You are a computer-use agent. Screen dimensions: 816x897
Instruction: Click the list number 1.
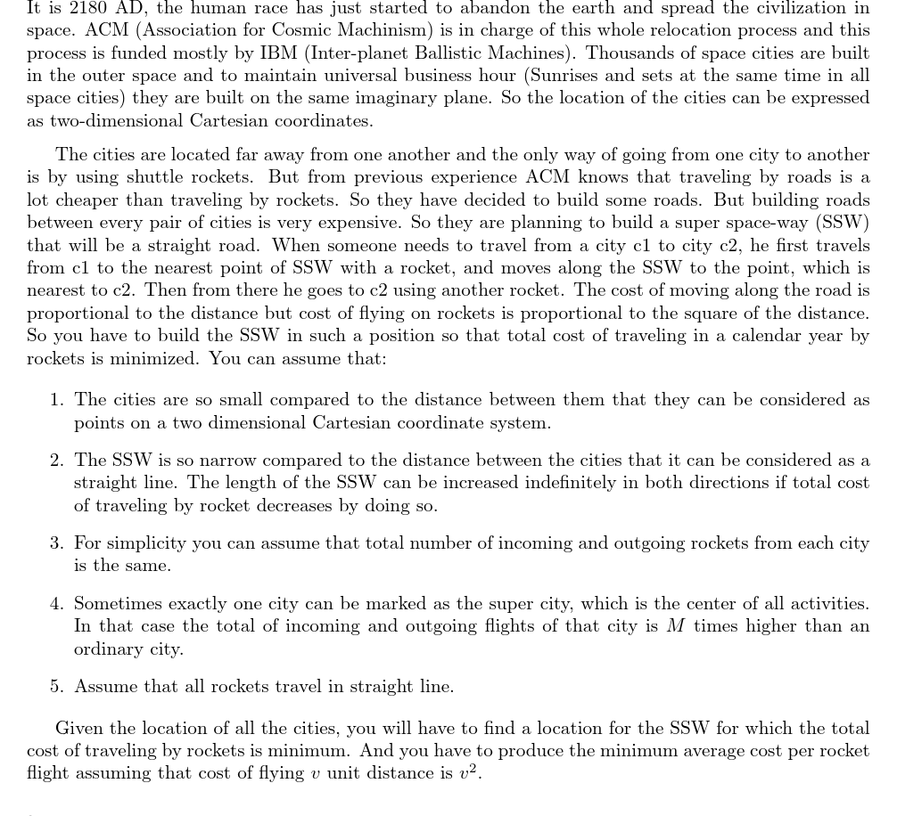point(56,400)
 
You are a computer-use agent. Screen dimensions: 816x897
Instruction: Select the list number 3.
point(56,543)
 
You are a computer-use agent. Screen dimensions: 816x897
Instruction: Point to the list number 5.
point(56,687)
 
